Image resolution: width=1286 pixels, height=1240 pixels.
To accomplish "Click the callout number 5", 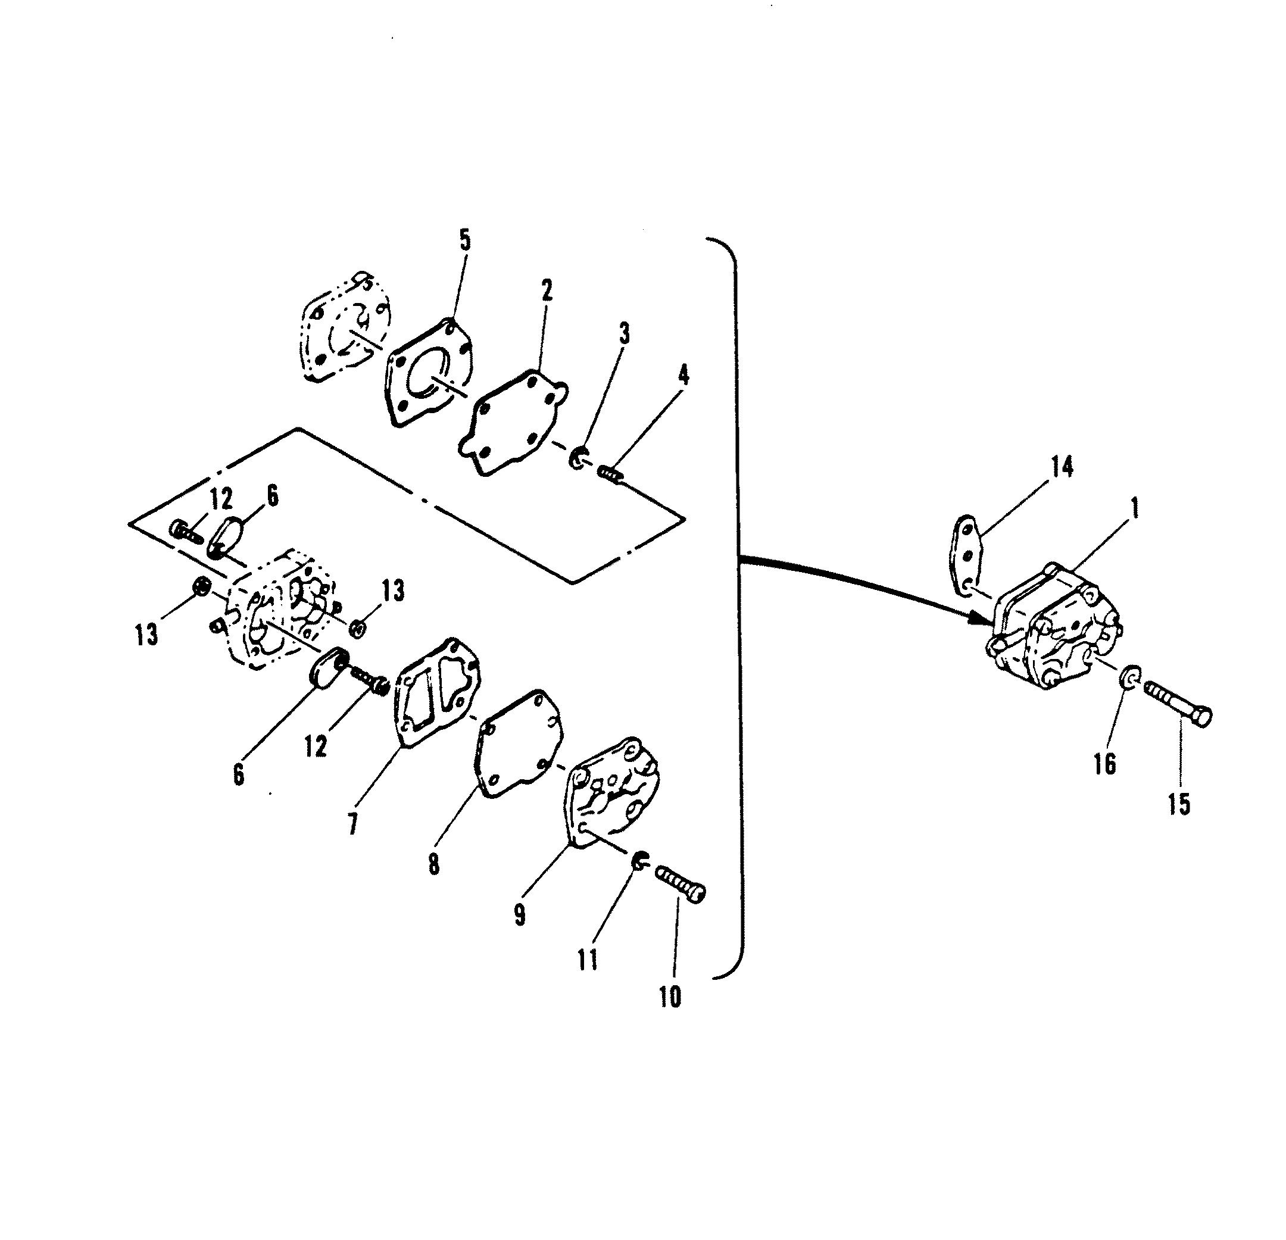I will click(464, 240).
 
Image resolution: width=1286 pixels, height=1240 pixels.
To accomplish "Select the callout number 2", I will click(547, 289).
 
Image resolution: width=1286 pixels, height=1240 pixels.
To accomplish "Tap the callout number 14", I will click(1062, 467).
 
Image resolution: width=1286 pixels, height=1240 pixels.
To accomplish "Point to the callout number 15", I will click(1179, 804).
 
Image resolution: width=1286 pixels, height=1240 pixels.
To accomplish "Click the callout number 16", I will click(1105, 763).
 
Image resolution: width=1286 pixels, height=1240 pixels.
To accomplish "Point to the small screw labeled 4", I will click(611, 473).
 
